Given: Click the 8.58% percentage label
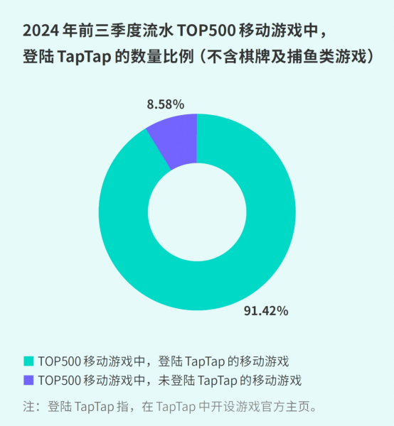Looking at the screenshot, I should pos(166,104).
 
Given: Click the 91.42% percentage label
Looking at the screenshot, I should pos(266,310).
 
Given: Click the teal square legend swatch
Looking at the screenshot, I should pos(28,361).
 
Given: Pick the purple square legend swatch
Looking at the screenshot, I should pos(28,380).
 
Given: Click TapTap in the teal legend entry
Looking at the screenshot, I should pos(213,361).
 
